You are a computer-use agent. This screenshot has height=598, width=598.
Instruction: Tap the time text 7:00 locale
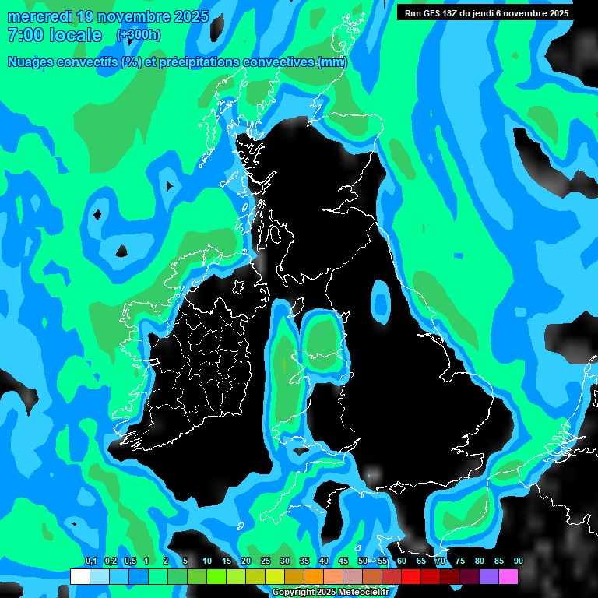[x=55, y=35]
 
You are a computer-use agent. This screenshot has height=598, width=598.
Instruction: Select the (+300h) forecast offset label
[x=139, y=34]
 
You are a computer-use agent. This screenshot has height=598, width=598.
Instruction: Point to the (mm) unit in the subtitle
[x=332, y=62]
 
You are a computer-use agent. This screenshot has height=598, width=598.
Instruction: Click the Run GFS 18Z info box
[x=485, y=13]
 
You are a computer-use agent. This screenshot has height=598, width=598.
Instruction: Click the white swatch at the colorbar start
[x=79, y=577]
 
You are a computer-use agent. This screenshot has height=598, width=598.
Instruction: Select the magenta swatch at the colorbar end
[x=508, y=577]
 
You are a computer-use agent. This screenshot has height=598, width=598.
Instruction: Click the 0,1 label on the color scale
[x=91, y=561]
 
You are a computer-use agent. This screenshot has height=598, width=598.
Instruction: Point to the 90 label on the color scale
[x=518, y=561]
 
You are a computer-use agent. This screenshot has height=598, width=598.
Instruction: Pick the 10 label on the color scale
[x=207, y=561]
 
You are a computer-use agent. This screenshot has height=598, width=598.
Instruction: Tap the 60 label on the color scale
[x=402, y=561]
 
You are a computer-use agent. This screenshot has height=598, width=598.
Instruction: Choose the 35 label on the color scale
[x=304, y=561]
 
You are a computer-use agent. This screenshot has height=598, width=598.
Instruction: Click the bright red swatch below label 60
[x=410, y=577]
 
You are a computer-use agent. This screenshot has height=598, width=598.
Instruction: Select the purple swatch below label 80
[x=488, y=577]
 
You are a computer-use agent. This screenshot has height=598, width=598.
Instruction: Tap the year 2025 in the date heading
[x=189, y=16]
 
